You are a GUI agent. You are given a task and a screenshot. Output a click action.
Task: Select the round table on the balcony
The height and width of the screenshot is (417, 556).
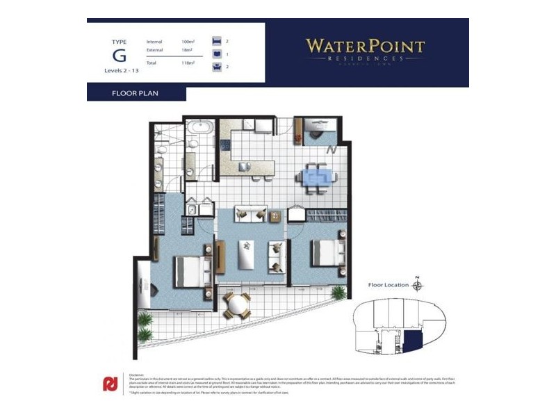click(237, 303)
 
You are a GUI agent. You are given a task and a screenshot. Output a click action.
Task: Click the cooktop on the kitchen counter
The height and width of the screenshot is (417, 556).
click(225, 145)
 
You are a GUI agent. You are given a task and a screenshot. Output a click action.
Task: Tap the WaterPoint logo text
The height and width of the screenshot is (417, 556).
click(366, 47)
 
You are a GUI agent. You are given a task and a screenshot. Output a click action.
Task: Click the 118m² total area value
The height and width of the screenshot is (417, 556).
click(188, 63)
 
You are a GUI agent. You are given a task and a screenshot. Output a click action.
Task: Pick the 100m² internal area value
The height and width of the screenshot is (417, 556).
click(188, 42)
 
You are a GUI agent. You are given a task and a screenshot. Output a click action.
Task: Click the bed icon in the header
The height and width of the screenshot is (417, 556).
click(216, 42)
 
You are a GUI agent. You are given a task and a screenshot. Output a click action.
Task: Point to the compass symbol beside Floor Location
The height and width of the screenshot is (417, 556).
click(417, 284)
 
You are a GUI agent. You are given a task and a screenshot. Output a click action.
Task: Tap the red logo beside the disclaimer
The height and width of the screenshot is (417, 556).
click(110, 383)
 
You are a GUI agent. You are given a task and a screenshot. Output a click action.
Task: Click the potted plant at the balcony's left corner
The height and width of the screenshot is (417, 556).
click(145, 320)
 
